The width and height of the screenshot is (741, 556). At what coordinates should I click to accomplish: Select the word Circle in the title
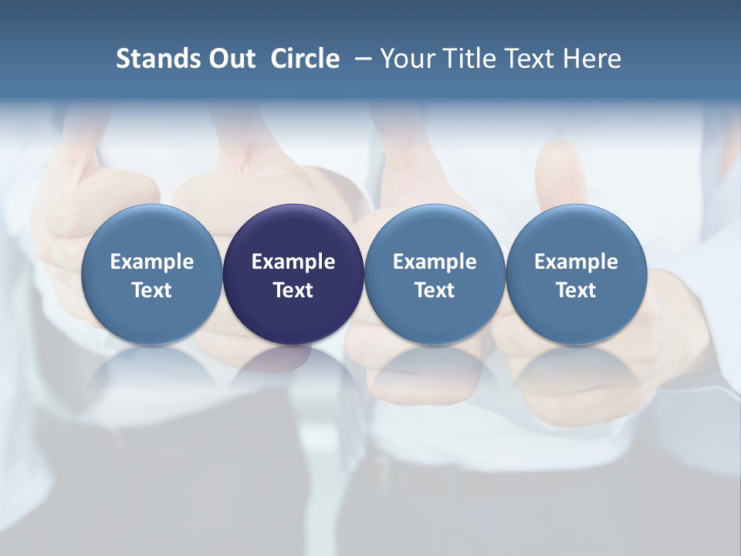[305, 59]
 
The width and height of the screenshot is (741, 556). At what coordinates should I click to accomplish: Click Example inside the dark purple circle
[293, 262]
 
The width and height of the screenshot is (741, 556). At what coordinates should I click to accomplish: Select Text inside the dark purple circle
[293, 290]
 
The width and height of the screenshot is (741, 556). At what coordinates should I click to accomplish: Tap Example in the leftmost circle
[151, 262]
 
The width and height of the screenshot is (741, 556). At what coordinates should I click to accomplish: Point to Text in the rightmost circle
[576, 290]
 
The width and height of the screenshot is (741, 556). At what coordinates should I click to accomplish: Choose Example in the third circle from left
[435, 262]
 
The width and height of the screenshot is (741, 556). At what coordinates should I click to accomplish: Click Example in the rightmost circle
[576, 262]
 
